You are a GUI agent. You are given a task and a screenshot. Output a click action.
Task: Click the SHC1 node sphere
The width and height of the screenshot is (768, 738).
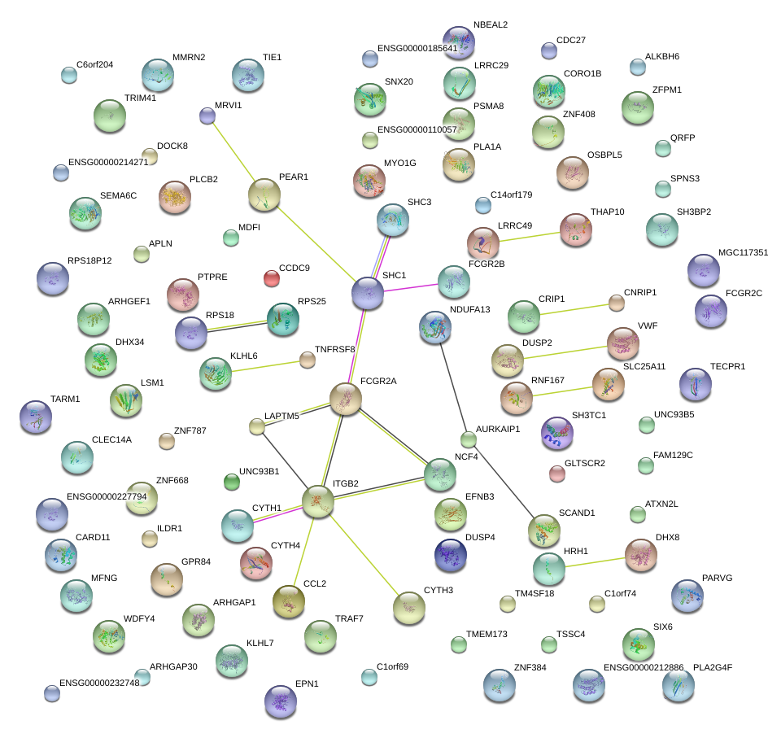click(x=368, y=294)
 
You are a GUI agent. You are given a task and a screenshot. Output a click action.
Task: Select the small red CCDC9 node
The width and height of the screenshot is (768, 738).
click(x=272, y=278)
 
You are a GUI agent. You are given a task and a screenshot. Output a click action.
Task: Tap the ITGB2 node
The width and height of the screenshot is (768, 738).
click(x=318, y=502)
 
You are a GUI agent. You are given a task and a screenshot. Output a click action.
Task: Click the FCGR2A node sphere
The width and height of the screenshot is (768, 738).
click(x=346, y=400)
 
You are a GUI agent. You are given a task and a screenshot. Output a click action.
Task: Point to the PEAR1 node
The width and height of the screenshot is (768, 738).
click(x=264, y=195)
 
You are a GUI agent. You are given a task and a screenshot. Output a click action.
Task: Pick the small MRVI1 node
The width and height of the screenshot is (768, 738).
click(x=207, y=116)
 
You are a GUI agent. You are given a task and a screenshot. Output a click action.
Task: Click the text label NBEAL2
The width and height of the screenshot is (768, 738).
click(x=491, y=25)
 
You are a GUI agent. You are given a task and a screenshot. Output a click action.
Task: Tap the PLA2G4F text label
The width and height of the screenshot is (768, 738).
click(x=713, y=667)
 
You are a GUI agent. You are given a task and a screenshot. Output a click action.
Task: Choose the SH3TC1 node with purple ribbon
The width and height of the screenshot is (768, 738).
click(x=557, y=433)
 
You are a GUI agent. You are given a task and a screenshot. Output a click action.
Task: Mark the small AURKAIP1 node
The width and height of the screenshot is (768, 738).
click(x=468, y=440)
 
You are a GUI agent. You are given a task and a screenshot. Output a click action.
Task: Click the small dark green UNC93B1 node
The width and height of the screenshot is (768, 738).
click(x=232, y=482)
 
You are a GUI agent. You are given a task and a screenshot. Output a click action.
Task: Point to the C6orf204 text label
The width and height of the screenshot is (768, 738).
click(x=95, y=65)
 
